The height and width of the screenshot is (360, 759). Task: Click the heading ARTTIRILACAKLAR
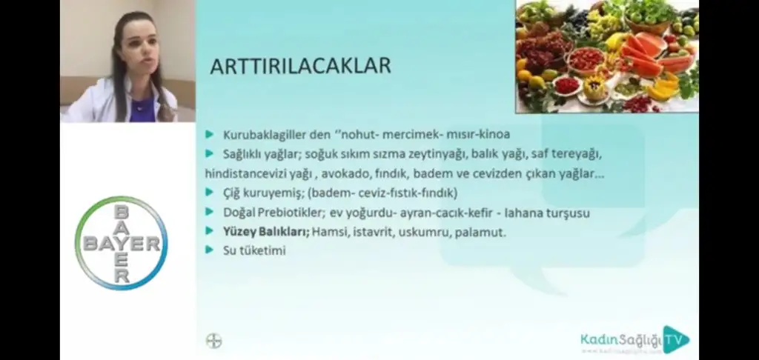point(300,67)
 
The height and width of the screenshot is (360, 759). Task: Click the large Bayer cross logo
point(121,244)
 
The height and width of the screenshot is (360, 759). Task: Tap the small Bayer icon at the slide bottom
point(213,341)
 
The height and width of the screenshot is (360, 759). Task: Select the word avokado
point(364,174)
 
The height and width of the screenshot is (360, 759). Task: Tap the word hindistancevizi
point(242,174)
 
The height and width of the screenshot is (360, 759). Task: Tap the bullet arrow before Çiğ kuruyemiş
point(210,193)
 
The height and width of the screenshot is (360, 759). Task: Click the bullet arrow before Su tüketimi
point(210,250)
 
